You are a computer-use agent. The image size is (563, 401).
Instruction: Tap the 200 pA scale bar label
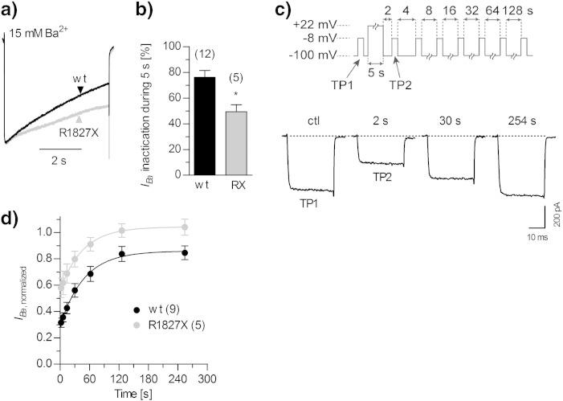557,228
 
